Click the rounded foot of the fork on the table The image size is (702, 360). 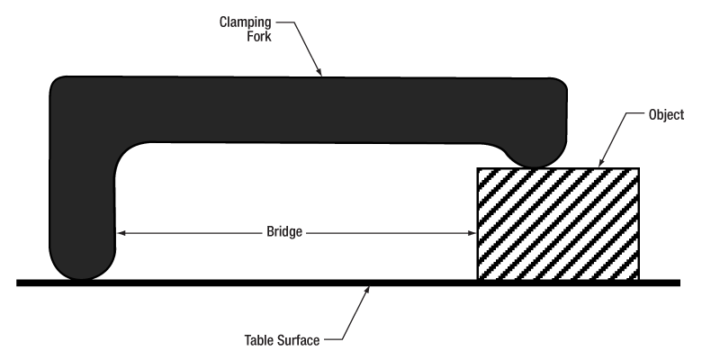tap(83, 267)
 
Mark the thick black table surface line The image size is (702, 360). tap(225, 283)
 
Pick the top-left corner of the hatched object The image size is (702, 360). tap(477, 168)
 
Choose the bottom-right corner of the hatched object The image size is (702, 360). tap(639, 279)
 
